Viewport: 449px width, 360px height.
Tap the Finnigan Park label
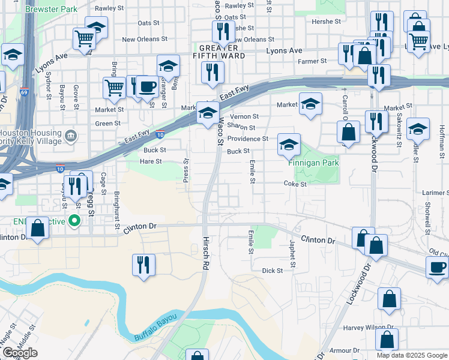[x=313, y=163]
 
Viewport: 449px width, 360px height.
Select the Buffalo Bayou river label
[x=155, y=325]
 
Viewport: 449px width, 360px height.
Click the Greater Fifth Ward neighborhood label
[x=222, y=51]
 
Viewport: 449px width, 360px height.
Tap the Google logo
[x=20, y=353]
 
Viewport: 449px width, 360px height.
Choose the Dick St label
[x=272, y=271]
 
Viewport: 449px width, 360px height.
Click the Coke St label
[x=295, y=184]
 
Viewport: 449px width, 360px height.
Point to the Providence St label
[x=247, y=139]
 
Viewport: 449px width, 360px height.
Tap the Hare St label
[x=151, y=161]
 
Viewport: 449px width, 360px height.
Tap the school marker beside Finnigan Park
[x=289, y=145]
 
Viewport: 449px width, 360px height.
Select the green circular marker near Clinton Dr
[x=74, y=221]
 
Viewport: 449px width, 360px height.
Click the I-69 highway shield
[x=24, y=92]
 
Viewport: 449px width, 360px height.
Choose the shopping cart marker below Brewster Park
[x=85, y=39]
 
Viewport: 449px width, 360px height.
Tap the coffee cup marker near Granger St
[x=146, y=87]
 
